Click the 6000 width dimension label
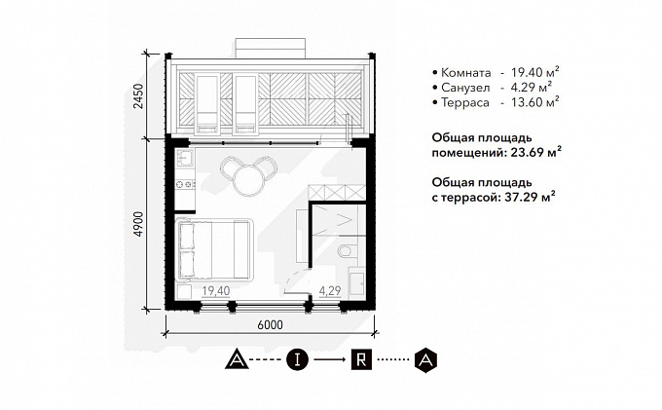pos(270,324)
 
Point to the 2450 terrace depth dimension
pos(138,95)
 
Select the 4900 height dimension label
pos(138,224)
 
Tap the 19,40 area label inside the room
pos(216,291)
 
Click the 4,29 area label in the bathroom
pos(330,291)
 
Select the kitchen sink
pos(185,159)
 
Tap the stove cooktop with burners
pos(185,184)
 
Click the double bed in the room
pos(213,249)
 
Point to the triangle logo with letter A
pos(237,359)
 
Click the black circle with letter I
pos(298,359)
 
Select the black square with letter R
pos(361,359)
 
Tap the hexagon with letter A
pos(425,359)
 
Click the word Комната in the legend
pos(466,73)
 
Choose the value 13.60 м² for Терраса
pos(534,102)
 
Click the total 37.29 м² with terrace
pos(530,197)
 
